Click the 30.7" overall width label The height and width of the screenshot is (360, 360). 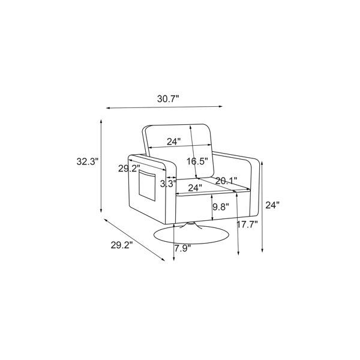(x=168, y=99)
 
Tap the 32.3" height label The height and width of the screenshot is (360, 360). (x=87, y=161)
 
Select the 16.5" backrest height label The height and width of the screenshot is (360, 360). (x=197, y=161)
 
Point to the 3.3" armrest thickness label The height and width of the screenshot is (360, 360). (x=168, y=184)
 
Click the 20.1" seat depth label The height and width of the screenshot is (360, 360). (x=226, y=181)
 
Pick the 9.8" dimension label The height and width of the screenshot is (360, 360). (x=221, y=207)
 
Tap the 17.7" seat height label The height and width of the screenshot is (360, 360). (x=247, y=224)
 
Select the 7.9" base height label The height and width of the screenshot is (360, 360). (x=182, y=248)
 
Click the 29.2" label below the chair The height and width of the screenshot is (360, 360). (x=122, y=245)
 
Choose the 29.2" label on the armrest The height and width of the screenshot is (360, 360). (x=129, y=169)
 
